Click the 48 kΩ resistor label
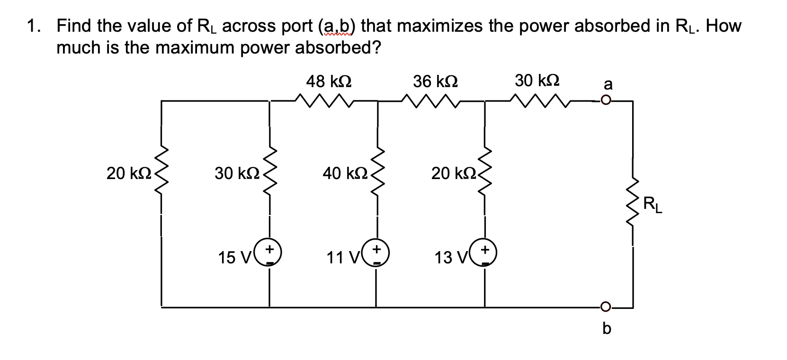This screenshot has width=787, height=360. (x=329, y=81)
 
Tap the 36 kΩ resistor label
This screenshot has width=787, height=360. (x=435, y=81)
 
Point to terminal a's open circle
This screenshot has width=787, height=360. (x=606, y=100)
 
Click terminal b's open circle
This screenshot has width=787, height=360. (x=606, y=306)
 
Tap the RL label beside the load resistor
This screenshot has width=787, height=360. (x=653, y=206)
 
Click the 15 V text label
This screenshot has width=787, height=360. (x=235, y=258)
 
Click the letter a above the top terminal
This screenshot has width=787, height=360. (x=608, y=84)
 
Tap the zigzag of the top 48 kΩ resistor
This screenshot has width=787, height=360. (x=323, y=100)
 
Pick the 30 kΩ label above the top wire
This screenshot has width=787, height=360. (x=537, y=81)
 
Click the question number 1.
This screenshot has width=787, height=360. (x=32, y=26)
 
